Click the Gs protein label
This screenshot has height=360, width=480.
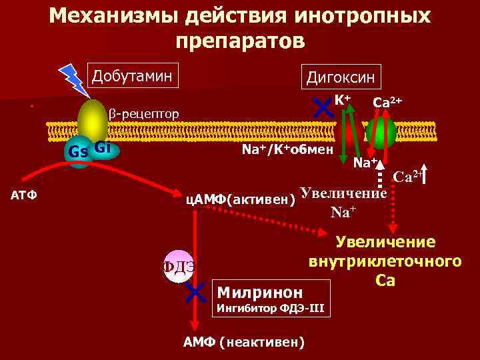pyautogui.click(x=79, y=151)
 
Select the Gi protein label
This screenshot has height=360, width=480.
pyautogui.click(x=103, y=147)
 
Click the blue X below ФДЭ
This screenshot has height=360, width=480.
pyautogui.click(x=195, y=291)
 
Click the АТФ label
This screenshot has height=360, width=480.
pyautogui.click(x=25, y=195)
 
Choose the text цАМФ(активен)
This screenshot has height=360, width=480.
pyautogui.click(x=240, y=199)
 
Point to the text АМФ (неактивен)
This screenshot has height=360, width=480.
pyautogui.click(x=243, y=342)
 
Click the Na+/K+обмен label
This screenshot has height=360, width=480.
pyautogui.click(x=287, y=151)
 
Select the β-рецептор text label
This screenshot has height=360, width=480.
pyautogui.click(x=144, y=114)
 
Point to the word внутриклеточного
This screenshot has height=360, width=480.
pyautogui.click(x=385, y=261)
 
